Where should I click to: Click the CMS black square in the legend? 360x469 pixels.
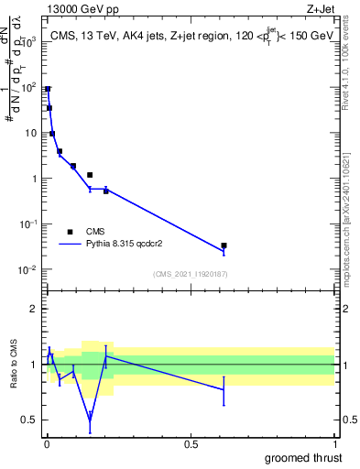[x=71, y=232]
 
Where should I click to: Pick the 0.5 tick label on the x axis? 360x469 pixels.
[x=191, y=444]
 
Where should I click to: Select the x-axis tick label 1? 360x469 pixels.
[x=334, y=444]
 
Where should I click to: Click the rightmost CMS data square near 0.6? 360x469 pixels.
[x=224, y=245]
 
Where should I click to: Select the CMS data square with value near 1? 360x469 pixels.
[x=90, y=174]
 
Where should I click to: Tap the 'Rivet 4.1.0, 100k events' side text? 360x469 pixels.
[x=345, y=68]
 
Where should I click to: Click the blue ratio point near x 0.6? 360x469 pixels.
[x=224, y=389]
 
